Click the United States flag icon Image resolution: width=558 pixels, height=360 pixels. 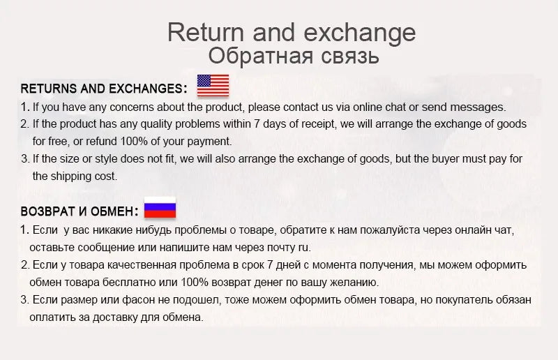(x=213, y=85)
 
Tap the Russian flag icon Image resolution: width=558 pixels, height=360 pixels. (x=160, y=208)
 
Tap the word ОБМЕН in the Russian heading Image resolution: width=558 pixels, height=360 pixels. (x=115, y=211)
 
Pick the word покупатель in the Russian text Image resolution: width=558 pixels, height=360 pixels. (x=462, y=300)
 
